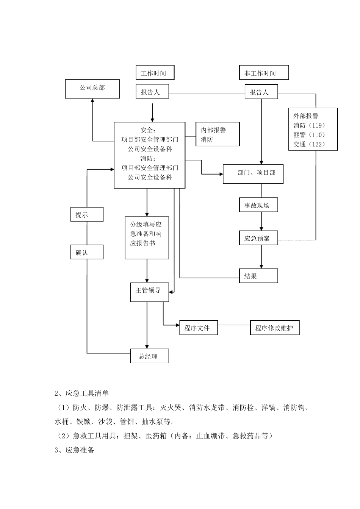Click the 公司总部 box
pos(92,89)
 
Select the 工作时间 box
pos(155,73)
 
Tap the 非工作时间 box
pos(263,73)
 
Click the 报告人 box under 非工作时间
pos(261,92)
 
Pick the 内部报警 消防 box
pos(218,134)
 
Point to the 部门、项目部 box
pos(253,174)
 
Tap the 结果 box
pos(258,276)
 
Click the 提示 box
pos(87,214)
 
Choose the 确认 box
pos(87,252)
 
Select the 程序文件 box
pos(199,328)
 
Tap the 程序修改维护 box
pos(274,328)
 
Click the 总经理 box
pos(149,356)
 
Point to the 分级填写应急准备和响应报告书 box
pos(147,237)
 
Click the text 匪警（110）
pos(309,135)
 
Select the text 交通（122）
pos(309,144)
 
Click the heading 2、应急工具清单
pos(82,393)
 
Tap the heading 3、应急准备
pos(75,450)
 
